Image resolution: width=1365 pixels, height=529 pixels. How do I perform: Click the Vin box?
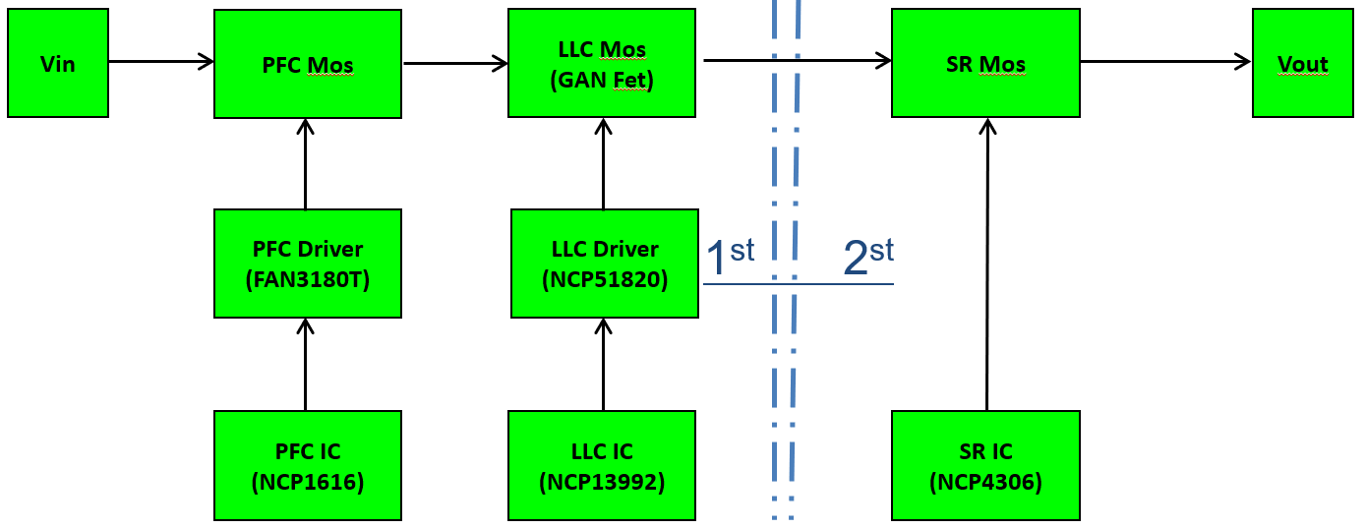pyautogui.click(x=58, y=63)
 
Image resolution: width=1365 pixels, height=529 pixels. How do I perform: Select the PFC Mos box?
pyautogui.click(x=308, y=64)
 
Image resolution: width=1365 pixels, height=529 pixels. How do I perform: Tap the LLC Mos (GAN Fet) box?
pyautogui.click(x=602, y=63)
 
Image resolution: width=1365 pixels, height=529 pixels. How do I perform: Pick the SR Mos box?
pyautogui.click(x=985, y=63)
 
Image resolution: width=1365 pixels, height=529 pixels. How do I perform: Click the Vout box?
pyautogui.click(x=1302, y=63)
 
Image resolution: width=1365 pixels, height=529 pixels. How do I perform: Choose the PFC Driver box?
pyautogui.click(x=308, y=264)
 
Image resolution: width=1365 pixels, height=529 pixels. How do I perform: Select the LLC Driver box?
pyautogui.click(x=605, y=264)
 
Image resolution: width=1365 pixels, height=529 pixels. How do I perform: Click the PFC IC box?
pyautogui.click(x=308, y=465)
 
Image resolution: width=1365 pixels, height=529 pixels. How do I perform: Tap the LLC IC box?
pyautogui.click(x=602, y=465)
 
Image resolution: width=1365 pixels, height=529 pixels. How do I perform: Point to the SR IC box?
pyautogui.click(x=985, y=465)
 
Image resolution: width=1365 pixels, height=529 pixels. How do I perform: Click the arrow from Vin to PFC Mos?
pyautogui.click(x=161, y=62)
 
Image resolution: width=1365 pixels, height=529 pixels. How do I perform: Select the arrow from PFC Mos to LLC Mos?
pyautogui.click(x=454, y=64)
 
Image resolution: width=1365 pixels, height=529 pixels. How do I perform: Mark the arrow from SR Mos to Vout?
pyautogui.click(x=1165, y=62)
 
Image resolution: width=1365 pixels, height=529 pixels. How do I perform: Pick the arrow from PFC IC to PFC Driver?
pyautogui.click(x=306, y=364)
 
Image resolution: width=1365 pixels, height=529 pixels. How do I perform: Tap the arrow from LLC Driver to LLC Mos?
pyautogui.click(x=603, y=163)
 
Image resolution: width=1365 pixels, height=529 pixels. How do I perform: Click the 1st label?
pyautogui.click(x=730, y=256)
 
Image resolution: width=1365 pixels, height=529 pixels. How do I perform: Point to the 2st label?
pyautogui.click(x=868, y=256)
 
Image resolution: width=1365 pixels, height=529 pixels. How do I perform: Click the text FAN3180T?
pyautogui.click(x=308, y=279)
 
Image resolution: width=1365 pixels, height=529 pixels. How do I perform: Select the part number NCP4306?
pyautogui.click(x=985, y=482)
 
